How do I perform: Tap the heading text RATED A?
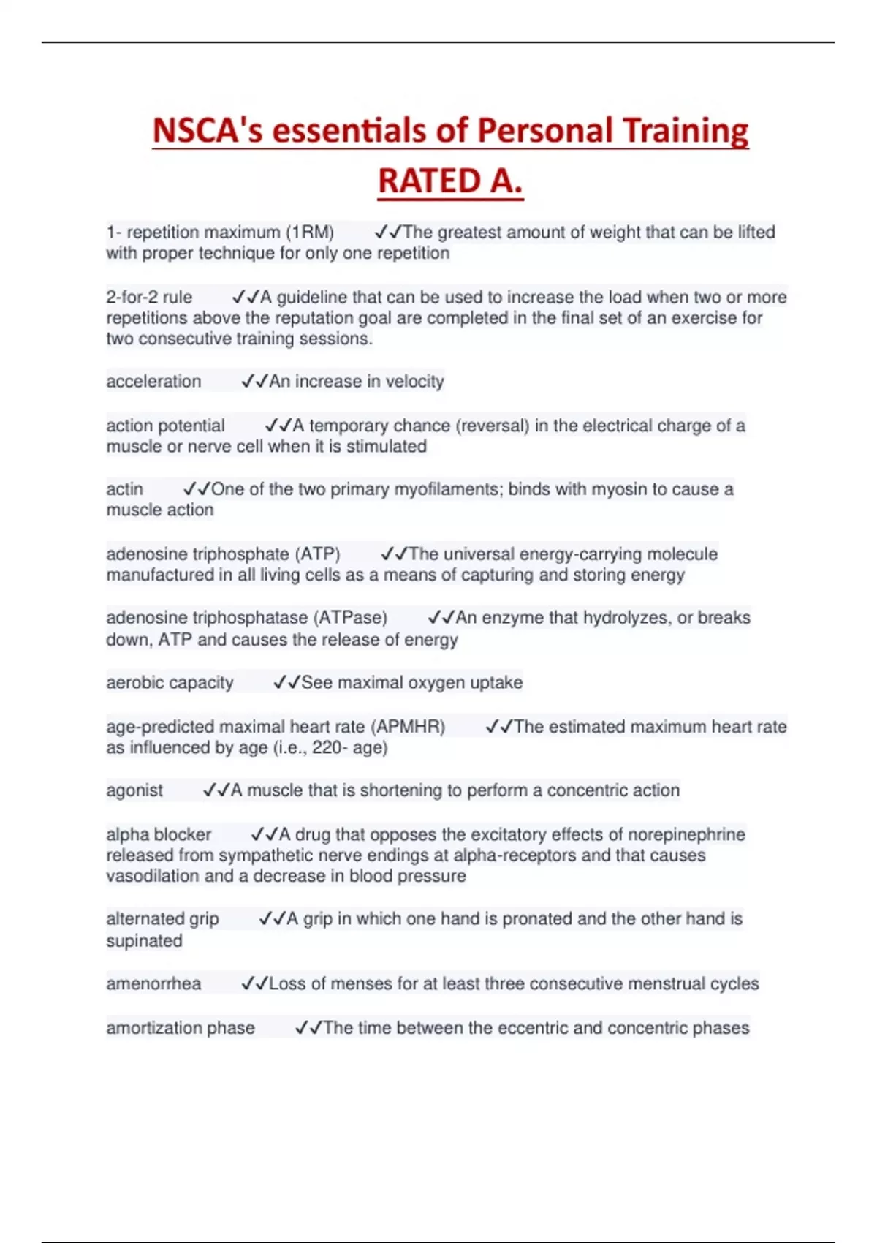click(450, 181)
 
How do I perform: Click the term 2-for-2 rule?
click(149, 298)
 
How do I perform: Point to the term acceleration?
click(153, 382)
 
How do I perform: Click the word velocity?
click(414, 382)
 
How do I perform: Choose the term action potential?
click(165, 426)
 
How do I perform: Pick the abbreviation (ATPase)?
click(350, 618)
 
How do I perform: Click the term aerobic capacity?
click(170, 683)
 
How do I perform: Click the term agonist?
click(134, 790)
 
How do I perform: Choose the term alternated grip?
click(162, 919)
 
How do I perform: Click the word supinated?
click(144, 941)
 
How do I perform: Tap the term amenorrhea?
click(153, 984)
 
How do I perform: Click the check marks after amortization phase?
click(308, 1028)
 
